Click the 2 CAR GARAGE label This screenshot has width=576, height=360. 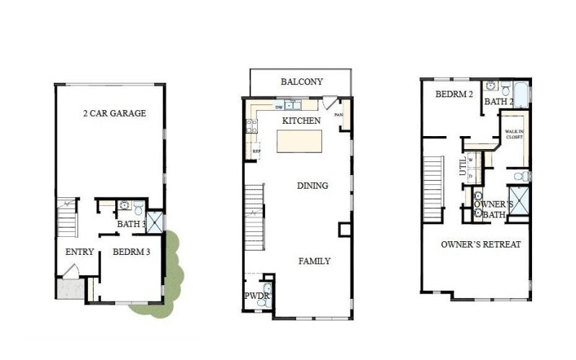tap(114, 113)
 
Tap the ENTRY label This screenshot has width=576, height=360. tap(79, 252)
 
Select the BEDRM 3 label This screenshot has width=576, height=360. tap(130, 252)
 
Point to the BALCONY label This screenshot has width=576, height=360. tap(301, 82)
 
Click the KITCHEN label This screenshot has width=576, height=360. tap(301, 120)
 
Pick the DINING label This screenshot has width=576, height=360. tap(312, 186)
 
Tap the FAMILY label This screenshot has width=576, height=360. tap(315, 261)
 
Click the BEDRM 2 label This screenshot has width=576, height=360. tap(454, 94)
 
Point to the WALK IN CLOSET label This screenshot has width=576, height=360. tap(513, 134)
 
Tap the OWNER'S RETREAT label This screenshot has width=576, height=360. tap(480, 245)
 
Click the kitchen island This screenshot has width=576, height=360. tap(299, 141)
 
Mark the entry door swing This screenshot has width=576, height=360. tap(70, 272)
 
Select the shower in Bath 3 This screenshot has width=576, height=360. tap(155, 222)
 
